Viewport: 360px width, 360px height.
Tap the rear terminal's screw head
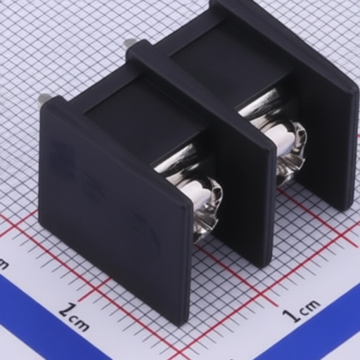coord(290,150)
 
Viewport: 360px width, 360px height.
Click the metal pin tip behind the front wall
coord(44,98)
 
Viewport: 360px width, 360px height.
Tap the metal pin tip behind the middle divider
coord(130,42)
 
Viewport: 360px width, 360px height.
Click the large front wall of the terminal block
coord(115,211)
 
